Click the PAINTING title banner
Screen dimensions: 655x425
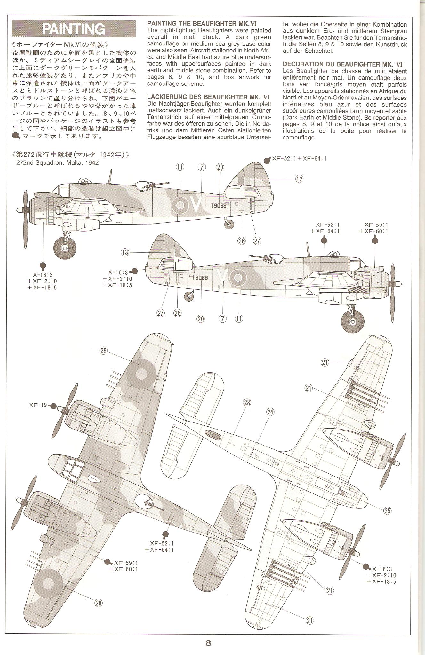[74, 29]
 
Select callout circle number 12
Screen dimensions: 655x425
[299, 179]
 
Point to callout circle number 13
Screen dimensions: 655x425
[125, 252]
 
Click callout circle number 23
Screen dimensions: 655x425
[247, 402]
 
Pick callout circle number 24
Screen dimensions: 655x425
[270, 412]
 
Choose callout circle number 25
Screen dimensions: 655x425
[387, 510]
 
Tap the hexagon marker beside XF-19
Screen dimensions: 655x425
[53, 406]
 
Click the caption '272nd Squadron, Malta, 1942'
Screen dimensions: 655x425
[58, 162]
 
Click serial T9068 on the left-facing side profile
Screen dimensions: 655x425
[218, 206]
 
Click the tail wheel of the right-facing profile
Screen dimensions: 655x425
[190, 296]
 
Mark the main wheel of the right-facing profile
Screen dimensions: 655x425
[352, 320]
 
